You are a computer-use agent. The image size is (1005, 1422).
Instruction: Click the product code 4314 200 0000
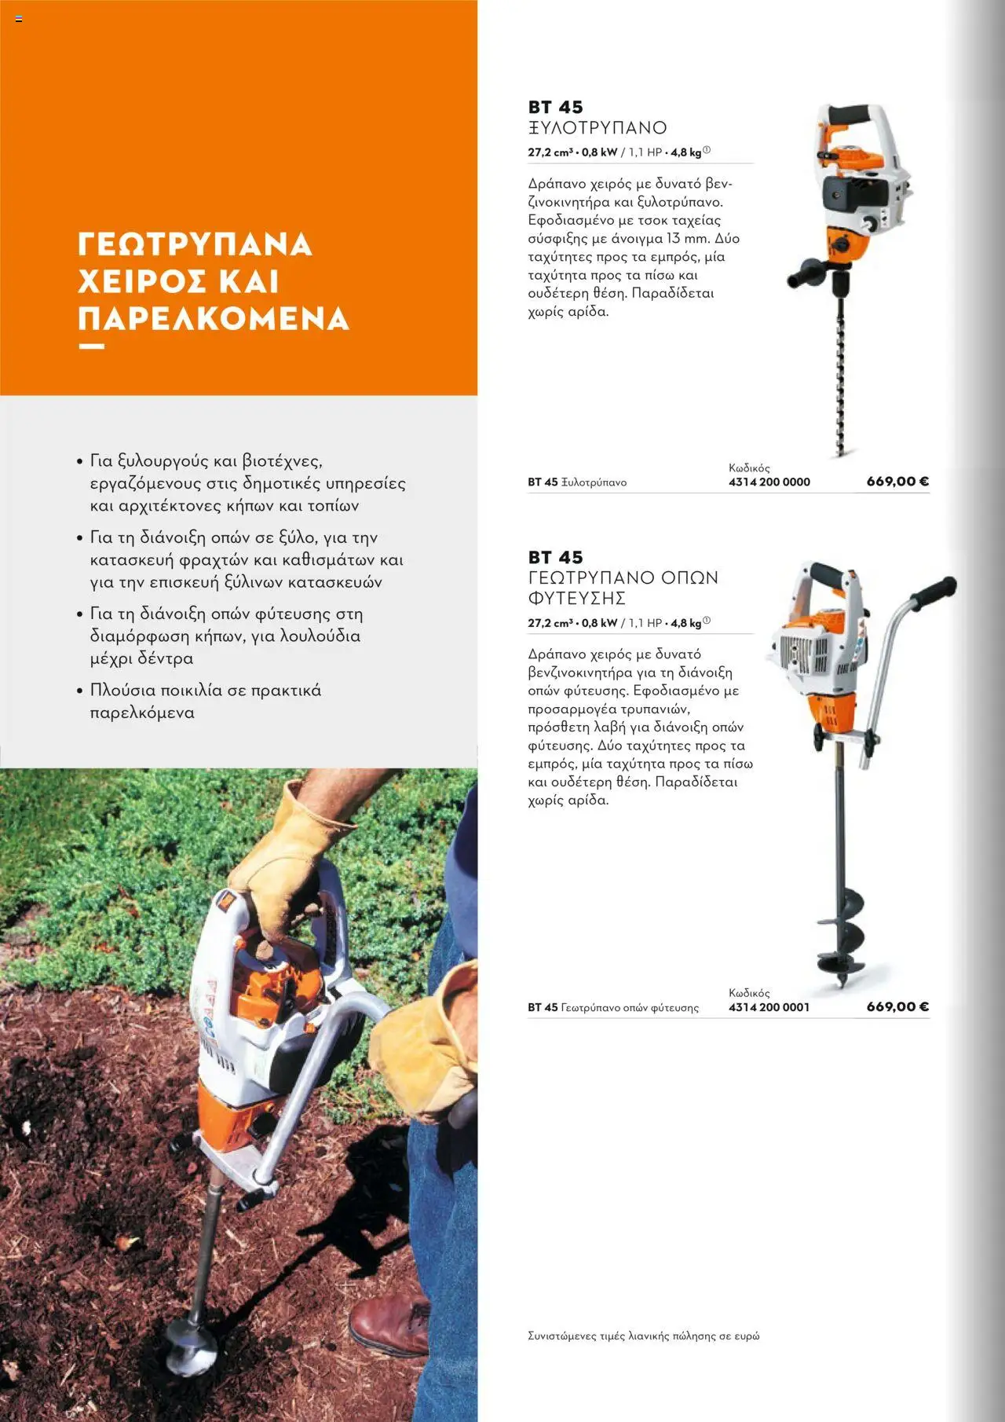click(x=769, y=482)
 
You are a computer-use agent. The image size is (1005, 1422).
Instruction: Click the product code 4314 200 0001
click(x=769, y=1007)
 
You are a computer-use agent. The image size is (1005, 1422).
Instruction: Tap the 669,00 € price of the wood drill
click(x=897, y=482)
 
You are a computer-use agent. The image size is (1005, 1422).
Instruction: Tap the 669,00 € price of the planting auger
click(x=897, y=1007)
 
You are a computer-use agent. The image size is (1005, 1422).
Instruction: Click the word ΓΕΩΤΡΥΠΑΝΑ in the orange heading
click(x=195, y=244)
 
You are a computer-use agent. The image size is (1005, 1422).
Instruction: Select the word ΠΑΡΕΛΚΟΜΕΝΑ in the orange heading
click(x=213, y=319)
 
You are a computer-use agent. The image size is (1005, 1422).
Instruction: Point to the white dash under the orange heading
click(x=91, y=346)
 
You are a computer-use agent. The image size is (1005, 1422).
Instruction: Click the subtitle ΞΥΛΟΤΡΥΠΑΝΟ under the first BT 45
click(x=597, y=128)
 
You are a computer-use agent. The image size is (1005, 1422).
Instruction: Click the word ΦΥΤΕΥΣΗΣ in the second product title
click(x=576, y=599)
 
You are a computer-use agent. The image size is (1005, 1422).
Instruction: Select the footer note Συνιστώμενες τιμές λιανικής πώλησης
click(x=643, y=1336)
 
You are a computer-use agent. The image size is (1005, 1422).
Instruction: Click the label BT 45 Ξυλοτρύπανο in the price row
click(x=576, y=482)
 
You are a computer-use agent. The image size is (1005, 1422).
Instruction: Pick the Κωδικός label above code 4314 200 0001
click(x=748, y=993)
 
